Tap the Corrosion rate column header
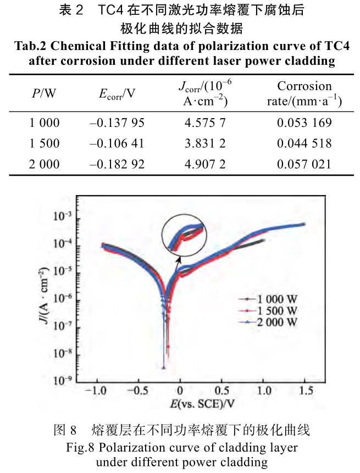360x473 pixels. (x=304, y=93)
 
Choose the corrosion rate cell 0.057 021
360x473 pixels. (x=304, y=164)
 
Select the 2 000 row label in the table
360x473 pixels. (x=45, y=164)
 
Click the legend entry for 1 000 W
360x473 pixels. (x=268, y=299)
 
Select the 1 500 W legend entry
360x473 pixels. (x=268, y=311)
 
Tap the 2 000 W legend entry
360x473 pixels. (x=268, y=322)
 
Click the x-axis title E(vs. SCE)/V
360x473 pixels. (x=202, y=405)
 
